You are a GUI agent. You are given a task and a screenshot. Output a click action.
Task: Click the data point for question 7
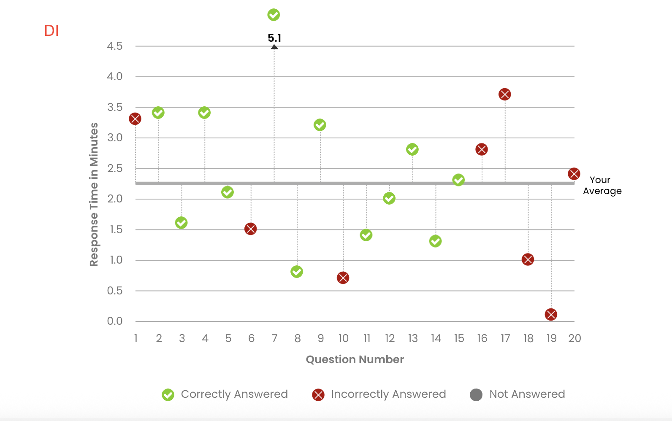[x=274, y=15]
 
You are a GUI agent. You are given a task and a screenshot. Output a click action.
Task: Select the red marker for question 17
[x=504, y=94]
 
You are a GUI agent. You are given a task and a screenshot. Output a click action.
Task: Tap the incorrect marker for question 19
[x=551, y=314]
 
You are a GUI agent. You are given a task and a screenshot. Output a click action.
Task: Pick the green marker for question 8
[x=297, y=271]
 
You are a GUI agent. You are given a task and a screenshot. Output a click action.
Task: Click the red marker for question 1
[x=135, y=119]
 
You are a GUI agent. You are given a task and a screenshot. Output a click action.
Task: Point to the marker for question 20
[x=574, y=174]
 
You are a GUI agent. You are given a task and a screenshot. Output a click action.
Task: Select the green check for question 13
[x=412, y=149]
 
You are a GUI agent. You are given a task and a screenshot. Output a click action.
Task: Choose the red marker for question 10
[x=343, y=278]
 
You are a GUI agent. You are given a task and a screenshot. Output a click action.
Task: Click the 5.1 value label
[x=274, y=38]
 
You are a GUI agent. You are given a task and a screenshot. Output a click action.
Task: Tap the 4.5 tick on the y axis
[x=115, y=46]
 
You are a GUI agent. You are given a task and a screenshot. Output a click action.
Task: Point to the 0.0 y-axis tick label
[x=115, y=321]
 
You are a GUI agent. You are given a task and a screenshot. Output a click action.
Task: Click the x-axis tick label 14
[x=436, y=338]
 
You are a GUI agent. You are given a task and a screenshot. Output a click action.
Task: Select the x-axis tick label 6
[x=251, y=338]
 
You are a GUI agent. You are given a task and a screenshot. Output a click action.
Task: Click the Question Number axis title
[x=355, y=359]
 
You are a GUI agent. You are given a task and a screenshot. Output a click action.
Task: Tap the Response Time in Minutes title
[x=94, y=194]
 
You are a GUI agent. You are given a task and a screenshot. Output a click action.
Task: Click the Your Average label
[x=602, y=185]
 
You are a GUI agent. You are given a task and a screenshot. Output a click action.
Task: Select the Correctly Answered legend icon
[x=168, y=395]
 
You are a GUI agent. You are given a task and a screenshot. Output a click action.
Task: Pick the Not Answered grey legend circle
[x=476, y=395]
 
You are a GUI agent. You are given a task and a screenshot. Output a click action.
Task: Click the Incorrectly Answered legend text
[x=388, y=394]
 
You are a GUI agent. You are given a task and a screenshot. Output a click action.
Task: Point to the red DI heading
[x=51, y=31]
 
